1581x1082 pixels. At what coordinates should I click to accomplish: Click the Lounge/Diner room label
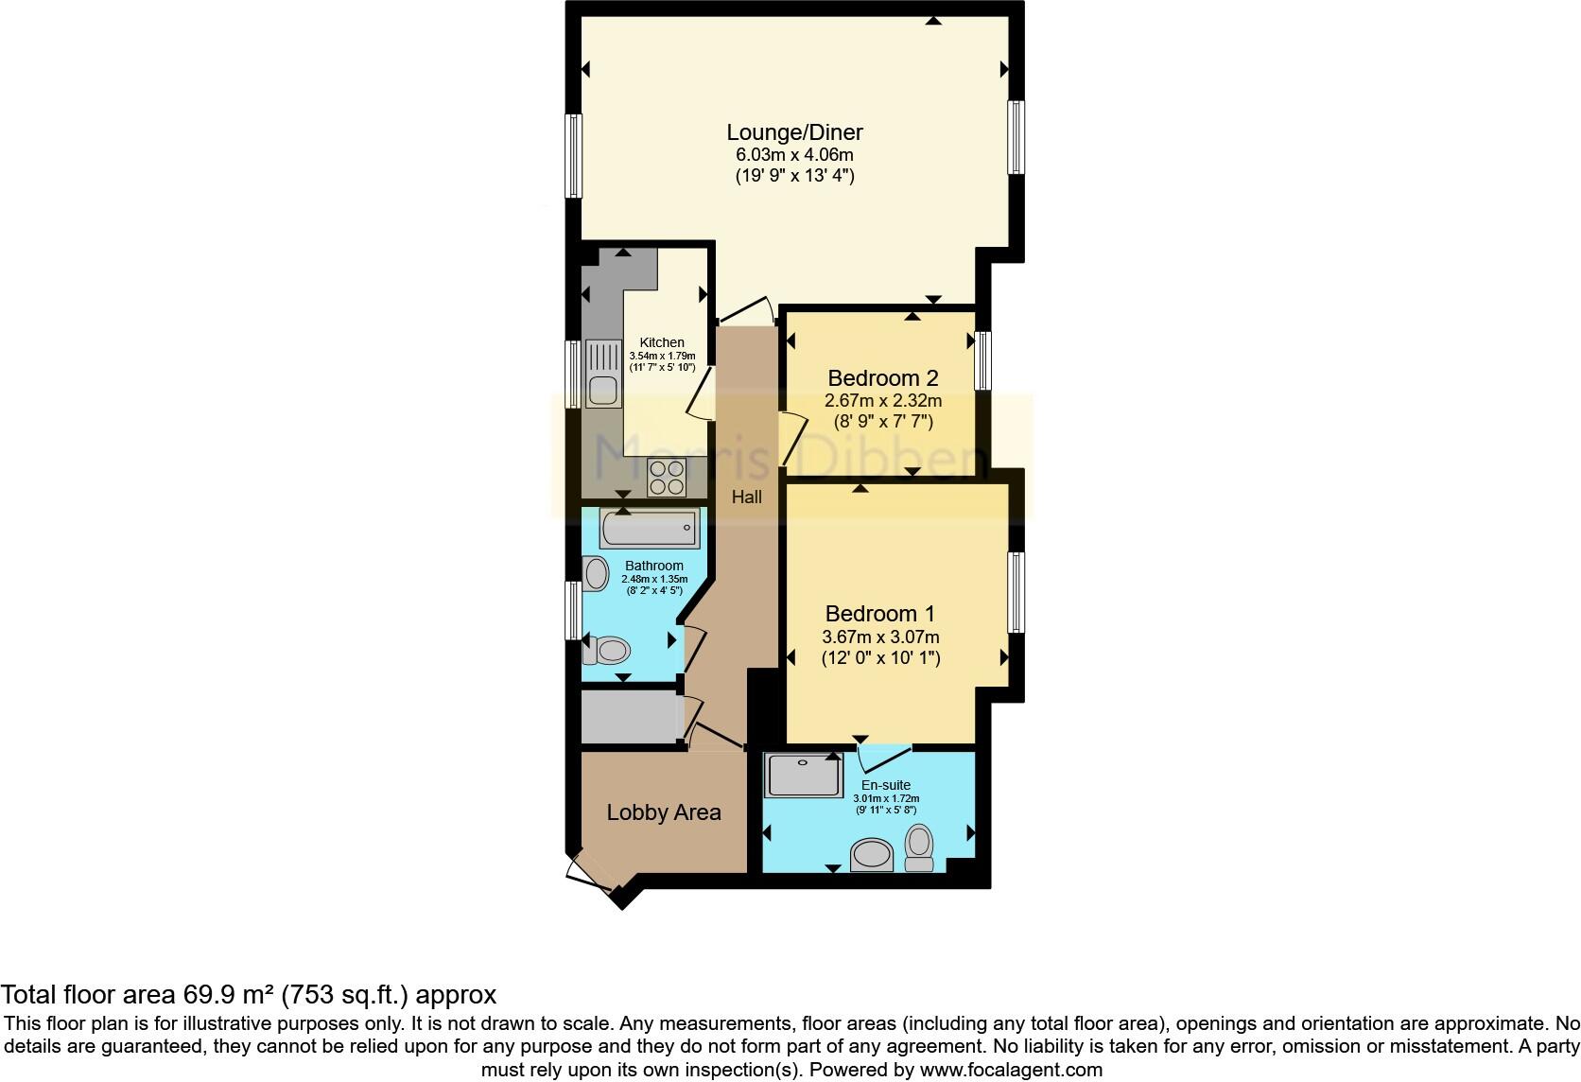pos(794,132)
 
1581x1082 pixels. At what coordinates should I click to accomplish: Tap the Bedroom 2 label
pos(882,378)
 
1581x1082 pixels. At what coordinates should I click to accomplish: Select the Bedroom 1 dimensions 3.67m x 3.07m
pos(881,637)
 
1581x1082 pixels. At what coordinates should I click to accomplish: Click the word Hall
pos(746,497)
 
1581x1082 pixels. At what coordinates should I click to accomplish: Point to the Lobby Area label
pos(663,812)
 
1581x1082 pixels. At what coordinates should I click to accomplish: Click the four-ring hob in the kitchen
pos(666,477)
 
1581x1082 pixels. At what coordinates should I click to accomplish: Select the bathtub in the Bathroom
pos(650,529)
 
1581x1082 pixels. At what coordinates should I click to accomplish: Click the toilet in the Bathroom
pos(608,650)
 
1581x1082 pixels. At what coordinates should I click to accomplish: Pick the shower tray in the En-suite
pos(803,775)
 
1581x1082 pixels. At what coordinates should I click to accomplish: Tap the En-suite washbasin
pos(872,856)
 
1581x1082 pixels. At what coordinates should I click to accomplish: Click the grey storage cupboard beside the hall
pos(630,718)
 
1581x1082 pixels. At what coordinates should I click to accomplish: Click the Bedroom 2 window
pos(983,360)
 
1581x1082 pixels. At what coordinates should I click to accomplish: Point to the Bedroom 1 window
pos(1016,592)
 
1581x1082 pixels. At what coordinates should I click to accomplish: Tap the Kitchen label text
pos(662,342)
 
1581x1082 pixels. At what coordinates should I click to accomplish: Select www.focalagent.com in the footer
pos(1012,1071)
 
